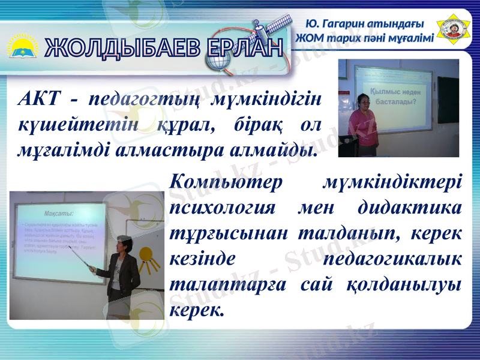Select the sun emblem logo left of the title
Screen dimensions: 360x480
point(23,47)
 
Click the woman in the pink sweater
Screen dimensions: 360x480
point(363,123)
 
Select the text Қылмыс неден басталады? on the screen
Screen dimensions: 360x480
point(397,96)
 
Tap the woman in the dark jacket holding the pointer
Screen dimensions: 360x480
point(123,276)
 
